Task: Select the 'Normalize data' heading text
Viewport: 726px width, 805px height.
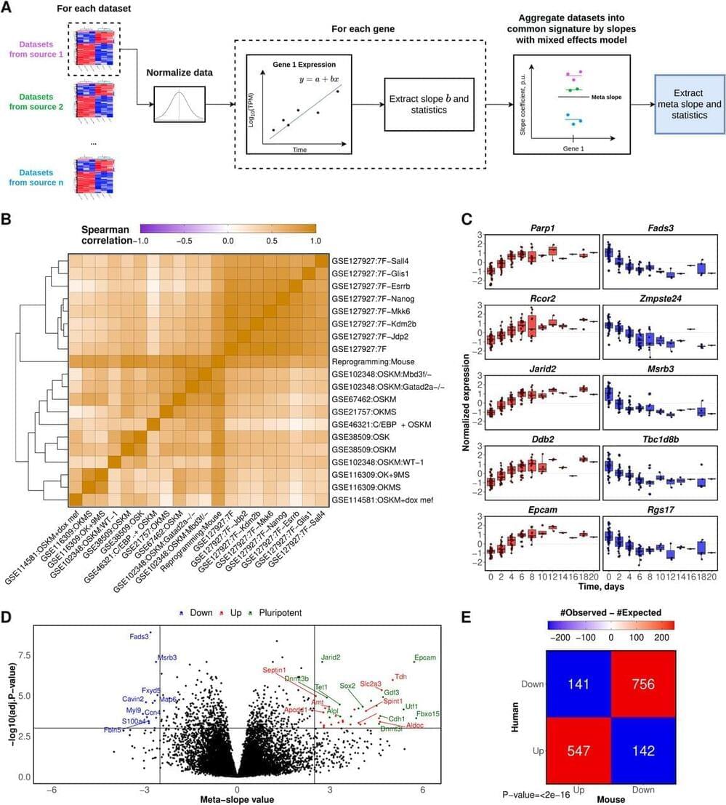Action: tap(179, 73)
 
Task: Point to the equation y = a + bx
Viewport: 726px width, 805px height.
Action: tap(317, 77)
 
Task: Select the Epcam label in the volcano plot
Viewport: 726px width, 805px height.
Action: tap(424, 657)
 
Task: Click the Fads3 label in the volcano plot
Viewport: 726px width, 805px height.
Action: tap(139, 636)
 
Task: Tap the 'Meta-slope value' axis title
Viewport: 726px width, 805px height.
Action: tap(237, 798)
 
